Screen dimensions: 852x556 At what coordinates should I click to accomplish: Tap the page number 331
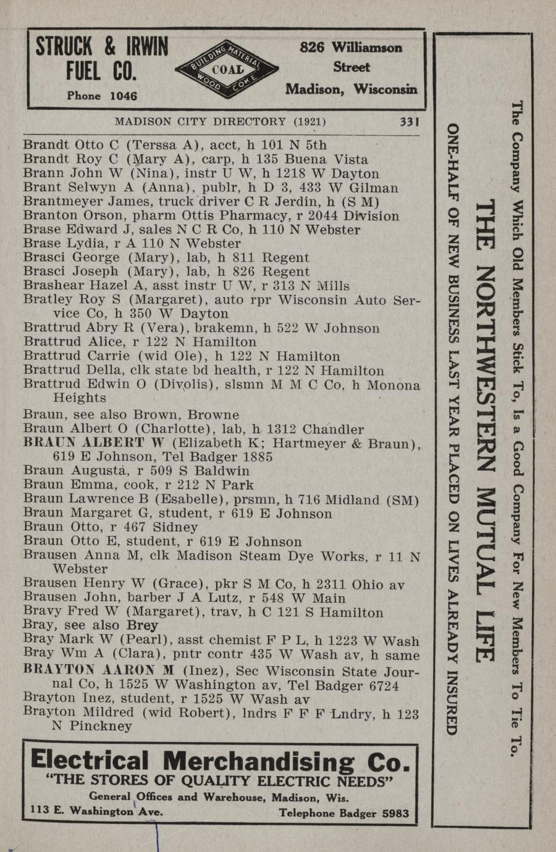tap(410, 122)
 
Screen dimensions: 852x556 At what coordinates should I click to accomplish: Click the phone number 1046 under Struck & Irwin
tap(123, 96)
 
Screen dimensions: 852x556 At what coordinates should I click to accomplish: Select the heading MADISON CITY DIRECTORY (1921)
tap(220, 122)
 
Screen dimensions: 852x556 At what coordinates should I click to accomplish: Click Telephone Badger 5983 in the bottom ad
tap(343, 813)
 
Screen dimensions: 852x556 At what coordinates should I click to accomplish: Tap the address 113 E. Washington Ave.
tap(97, 812)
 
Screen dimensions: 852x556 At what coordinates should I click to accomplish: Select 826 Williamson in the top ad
tap(351, 47)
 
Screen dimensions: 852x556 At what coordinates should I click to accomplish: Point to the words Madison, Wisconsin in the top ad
tap(351, 89)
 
